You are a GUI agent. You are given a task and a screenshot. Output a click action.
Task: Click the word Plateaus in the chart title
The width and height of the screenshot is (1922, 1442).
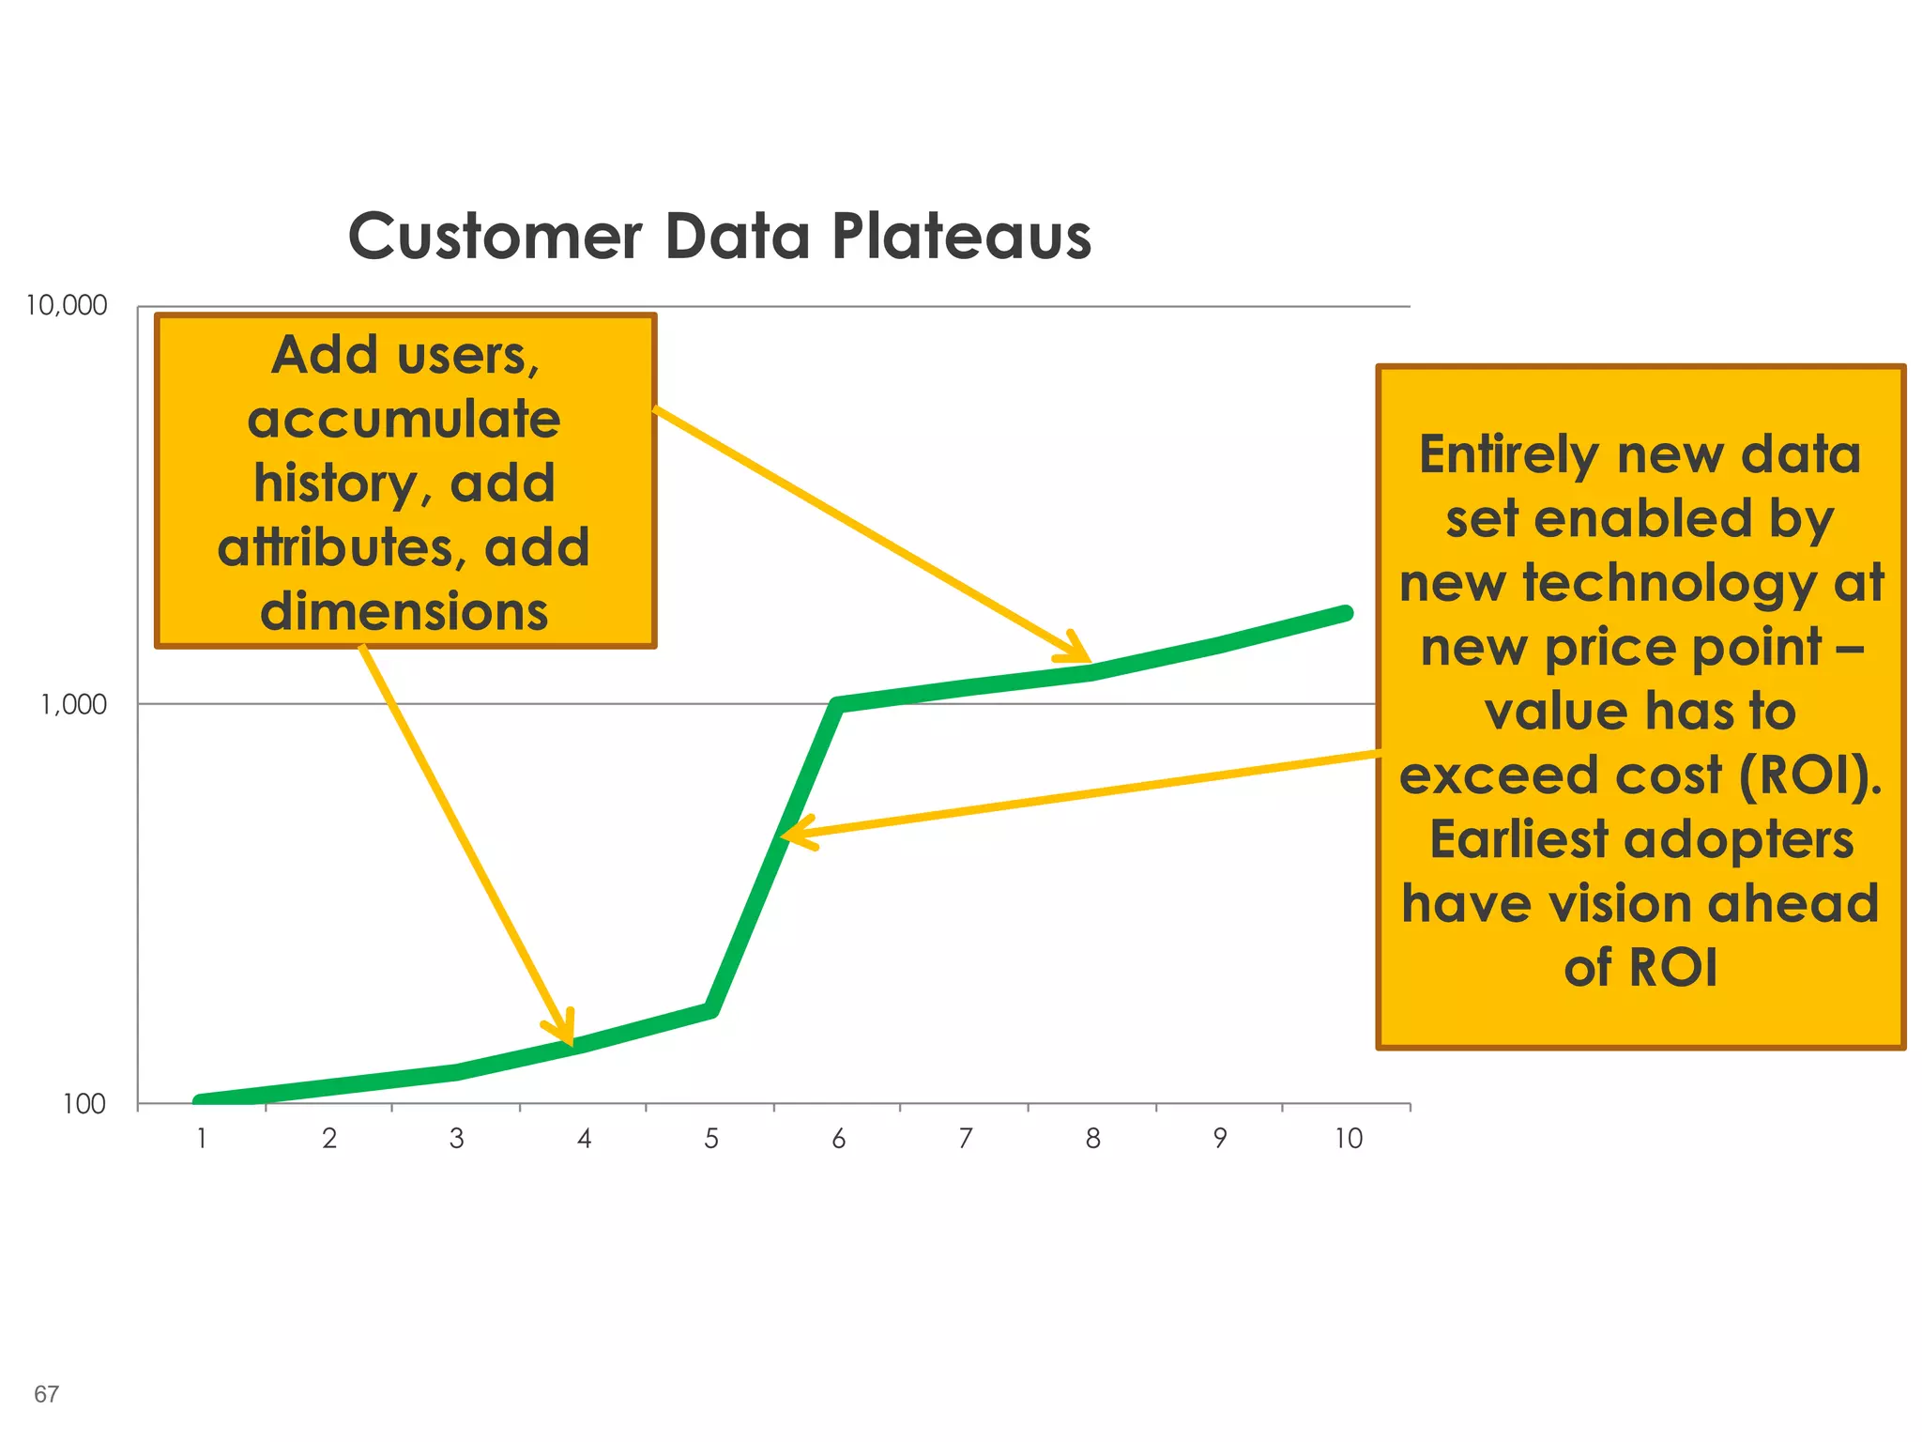pos(961,236)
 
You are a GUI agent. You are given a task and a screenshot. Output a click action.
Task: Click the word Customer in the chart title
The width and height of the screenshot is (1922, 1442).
pos(495,236)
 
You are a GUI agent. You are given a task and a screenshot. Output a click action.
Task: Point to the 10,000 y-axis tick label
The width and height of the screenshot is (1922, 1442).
pos(66,306)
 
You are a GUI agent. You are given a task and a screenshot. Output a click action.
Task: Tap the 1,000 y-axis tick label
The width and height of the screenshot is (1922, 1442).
pos(73,704)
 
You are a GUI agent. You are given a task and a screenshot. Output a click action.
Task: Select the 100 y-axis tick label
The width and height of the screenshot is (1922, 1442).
pos(84,1104)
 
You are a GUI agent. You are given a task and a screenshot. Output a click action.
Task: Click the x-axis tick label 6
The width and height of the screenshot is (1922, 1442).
pos(838,1139)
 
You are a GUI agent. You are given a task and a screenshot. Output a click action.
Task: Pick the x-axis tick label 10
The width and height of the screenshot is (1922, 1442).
pos(1348,1139)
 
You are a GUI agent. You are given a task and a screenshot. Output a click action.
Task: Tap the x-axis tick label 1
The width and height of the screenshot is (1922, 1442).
pos(201,1139)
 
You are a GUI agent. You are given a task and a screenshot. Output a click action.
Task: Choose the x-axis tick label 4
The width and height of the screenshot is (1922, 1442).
pos(584,1139)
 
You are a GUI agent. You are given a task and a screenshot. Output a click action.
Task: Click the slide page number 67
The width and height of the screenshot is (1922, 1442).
pos(46,1394)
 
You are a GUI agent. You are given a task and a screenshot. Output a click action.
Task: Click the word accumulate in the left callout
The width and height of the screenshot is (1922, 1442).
pos(404,419)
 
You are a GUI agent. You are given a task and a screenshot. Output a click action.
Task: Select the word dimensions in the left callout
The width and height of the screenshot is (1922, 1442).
pos(404,611)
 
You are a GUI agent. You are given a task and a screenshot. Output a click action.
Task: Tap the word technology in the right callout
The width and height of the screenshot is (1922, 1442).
pos(1670,584)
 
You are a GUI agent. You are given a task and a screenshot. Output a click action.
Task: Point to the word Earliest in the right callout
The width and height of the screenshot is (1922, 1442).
pos(1518,839)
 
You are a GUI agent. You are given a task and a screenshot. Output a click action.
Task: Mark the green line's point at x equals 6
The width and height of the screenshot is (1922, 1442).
pos(838,704)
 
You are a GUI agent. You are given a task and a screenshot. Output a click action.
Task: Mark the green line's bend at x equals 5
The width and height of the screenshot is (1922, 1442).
pos(711,1010)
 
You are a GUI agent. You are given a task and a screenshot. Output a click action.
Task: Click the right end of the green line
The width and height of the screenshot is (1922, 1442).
pos(1347,613)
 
